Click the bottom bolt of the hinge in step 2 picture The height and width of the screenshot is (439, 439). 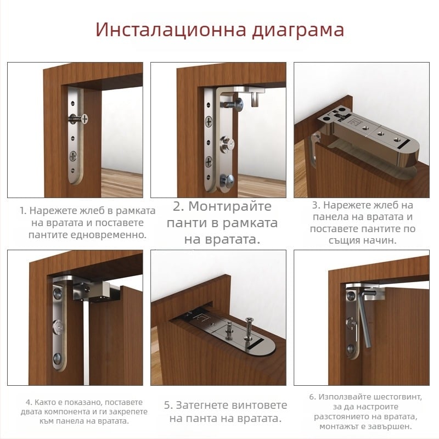click(227, 178)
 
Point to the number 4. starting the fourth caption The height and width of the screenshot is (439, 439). click(29, 401)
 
